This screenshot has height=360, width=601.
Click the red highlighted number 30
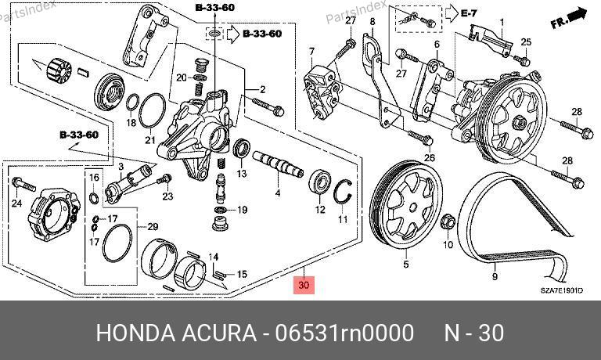click(304, 285)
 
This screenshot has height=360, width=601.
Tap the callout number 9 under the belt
click(495, 276)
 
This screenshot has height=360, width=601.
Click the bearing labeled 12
click(319, 182)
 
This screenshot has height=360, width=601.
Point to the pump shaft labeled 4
click(278, 164)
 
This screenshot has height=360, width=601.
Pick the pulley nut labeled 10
click(448, 222)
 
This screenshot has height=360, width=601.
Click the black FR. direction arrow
click(569, 19)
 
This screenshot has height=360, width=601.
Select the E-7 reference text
click(469, 13)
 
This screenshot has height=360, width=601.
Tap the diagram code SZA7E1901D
click(562, 290)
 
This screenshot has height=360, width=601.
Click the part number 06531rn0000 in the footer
click(344, 333)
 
